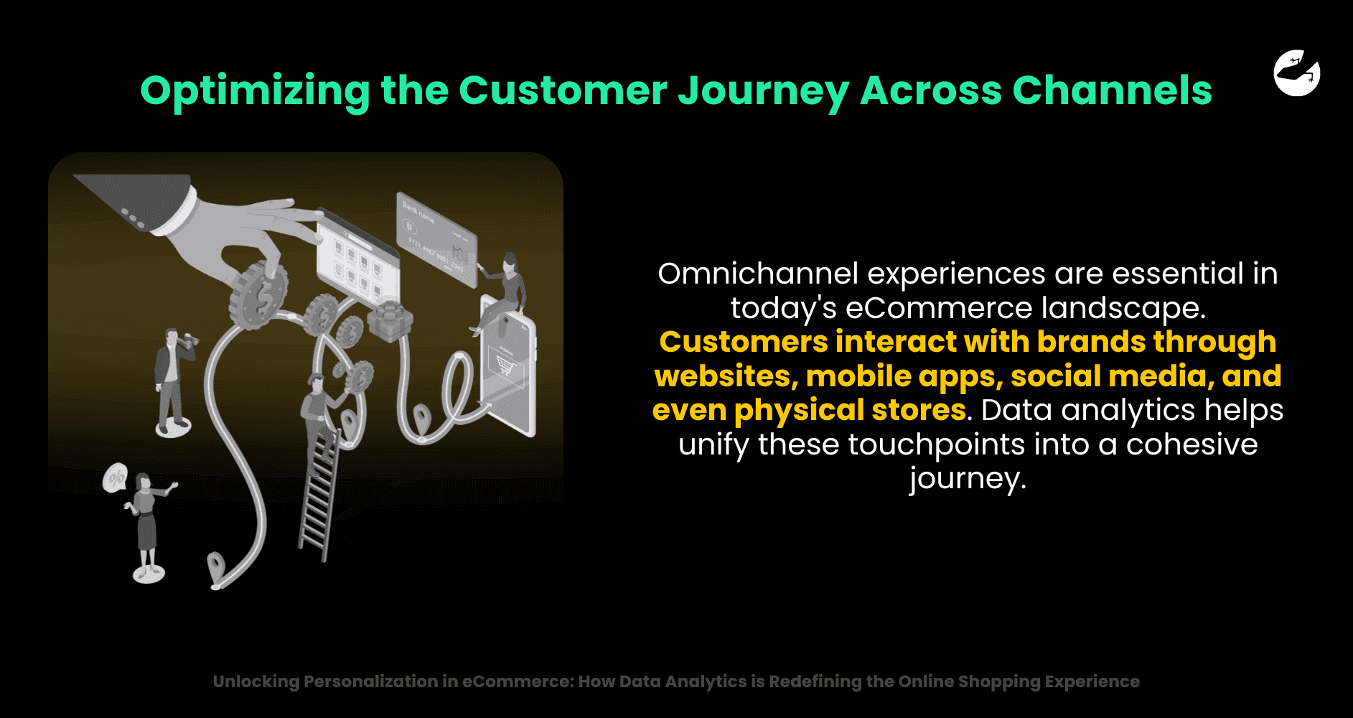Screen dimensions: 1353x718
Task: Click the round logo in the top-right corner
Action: pos(1297,73)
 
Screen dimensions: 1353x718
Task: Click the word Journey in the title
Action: pos(763,91)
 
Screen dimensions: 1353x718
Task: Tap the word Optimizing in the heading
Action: pos(255,92)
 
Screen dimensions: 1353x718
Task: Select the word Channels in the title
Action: pos(1112,90)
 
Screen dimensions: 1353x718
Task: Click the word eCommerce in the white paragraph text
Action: pos(939,308)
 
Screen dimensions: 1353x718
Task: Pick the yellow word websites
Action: pos(726,376)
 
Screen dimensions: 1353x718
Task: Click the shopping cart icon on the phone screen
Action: pos(505,366)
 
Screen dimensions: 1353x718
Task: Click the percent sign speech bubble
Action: pos(115,478)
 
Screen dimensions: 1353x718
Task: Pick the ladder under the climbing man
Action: pos(319,491)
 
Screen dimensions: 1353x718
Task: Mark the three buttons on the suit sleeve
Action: pos(133,218)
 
